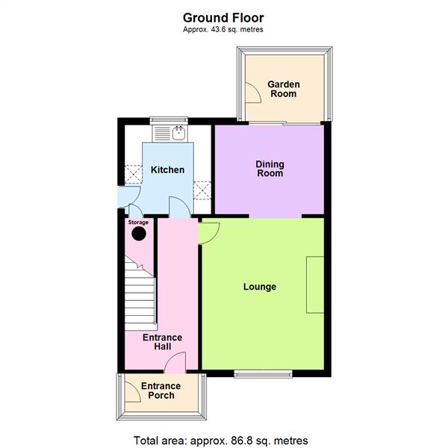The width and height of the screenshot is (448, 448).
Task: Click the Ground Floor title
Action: tap(223, 17)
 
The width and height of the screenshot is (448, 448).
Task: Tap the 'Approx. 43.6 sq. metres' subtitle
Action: tap(223, 30)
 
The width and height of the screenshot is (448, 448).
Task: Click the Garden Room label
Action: tap(282, 89)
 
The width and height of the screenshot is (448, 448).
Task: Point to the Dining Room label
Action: tap(270, 169)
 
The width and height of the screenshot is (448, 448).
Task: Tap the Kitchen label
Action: tap(167, 170)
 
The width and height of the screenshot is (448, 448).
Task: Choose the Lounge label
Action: tap(259, 287)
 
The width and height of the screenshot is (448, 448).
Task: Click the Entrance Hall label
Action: tap(162, 343)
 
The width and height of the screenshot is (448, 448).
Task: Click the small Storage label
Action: tap(138, 223)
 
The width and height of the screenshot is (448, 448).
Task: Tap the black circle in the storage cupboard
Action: tap(138, 234)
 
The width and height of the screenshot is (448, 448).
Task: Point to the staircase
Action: tap(140, 295)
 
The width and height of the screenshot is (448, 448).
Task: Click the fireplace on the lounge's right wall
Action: tap(314, 284)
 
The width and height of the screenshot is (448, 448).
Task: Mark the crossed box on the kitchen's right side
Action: tap(202, 188)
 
